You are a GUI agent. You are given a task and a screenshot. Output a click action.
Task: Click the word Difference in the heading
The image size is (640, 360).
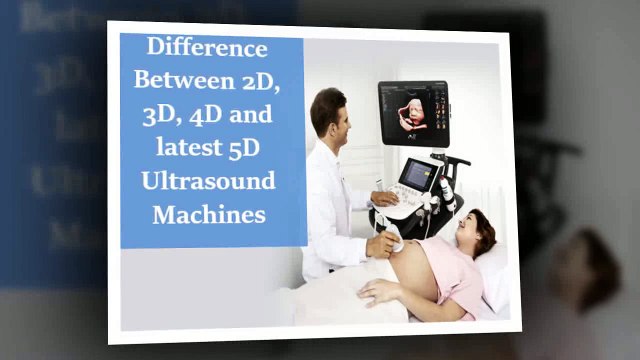click(208, 47)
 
